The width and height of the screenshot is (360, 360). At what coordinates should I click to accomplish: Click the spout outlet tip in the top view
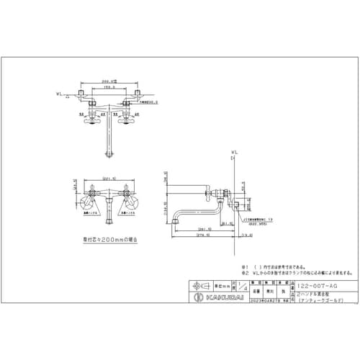point(109,156)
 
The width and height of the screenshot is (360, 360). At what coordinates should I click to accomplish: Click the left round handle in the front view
point(96,192)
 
